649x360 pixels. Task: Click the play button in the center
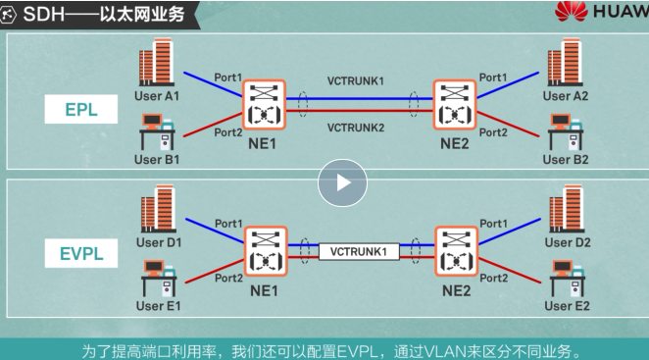tap(341, 182)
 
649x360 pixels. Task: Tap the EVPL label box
tap(80, 255)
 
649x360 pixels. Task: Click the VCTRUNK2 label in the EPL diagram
tap(357, 128)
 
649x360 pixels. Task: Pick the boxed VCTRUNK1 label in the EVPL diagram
tap(359, 250)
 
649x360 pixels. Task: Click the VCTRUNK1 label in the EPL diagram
tap(357, 79)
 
